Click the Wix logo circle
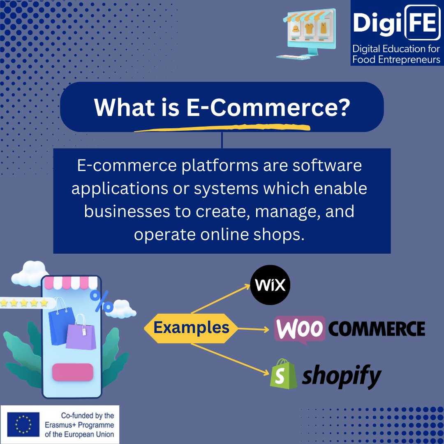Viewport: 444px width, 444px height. (270, 285)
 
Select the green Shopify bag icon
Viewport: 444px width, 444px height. (284, 374)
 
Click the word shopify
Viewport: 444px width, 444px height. (341, 376)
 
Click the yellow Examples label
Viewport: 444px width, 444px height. (191, 328)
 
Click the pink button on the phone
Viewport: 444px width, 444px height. (73, 372)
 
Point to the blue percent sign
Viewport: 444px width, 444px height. (102, 301)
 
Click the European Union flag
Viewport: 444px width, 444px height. (23, 424)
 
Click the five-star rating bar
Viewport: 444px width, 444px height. (25, 303)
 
